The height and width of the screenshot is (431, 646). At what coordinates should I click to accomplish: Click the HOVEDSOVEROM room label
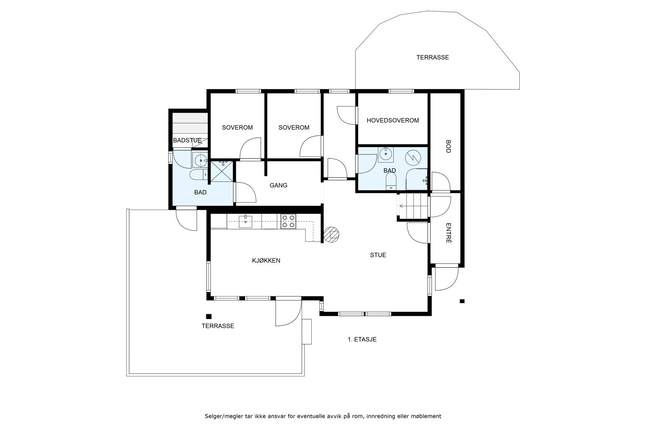(x=392, y=120)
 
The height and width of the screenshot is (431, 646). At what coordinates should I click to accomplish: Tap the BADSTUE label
(x=187, y=141)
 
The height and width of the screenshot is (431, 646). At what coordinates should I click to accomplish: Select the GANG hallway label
(x=279, y=185)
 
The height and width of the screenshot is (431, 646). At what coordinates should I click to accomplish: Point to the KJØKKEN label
(x=266, y=261)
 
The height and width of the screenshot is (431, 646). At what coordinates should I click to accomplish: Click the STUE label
(x=378, y=255)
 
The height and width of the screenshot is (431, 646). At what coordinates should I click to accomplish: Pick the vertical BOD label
(x=448, y=146)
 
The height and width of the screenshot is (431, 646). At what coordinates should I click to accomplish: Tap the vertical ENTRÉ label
(x=448, y=233)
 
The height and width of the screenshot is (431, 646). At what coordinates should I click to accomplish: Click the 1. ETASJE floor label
(x=362, y=339)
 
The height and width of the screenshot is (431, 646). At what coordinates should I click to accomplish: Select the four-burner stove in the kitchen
(x=288, y=222)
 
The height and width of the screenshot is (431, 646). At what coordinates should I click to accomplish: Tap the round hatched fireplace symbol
(x=332, y=235)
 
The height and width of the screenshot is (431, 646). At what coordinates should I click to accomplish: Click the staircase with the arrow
(x=413, y=206)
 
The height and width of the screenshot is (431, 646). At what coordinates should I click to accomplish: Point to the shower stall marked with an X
(x=222, y=171)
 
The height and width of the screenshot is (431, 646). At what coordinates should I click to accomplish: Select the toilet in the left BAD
(x=198, y=175)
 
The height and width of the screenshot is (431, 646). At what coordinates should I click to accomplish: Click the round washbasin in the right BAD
(x=386, y=153)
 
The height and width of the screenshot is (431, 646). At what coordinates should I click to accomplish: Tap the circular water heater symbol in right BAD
(x=413, y=158)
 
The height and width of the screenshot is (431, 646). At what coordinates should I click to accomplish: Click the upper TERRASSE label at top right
(x=432, y=57)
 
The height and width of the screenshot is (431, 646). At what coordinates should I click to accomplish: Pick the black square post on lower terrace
(x=209, y=316)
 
